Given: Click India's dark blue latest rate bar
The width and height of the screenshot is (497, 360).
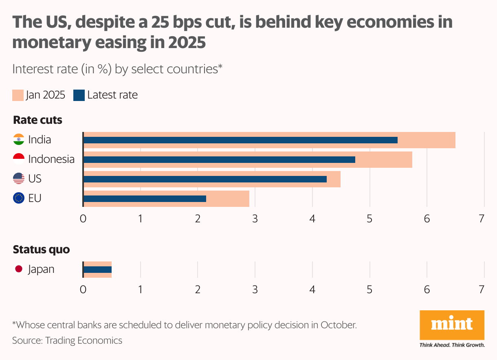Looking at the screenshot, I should tap(240, 140).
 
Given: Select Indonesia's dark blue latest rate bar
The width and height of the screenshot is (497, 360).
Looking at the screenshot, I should tap(219, 160).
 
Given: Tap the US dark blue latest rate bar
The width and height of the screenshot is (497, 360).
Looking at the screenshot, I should tap(205, 179).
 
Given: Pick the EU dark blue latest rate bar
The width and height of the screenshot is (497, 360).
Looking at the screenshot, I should tap(145, 199).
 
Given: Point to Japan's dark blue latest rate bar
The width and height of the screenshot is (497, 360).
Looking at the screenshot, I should tap(97, 270).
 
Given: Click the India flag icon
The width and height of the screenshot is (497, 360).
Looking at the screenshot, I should tap(19, 140).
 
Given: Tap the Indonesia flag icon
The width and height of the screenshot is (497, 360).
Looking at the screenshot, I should tap(19, 159).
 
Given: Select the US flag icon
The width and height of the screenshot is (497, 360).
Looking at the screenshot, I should tap(19, 178).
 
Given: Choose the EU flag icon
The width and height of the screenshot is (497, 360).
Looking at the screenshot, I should tap(19, 198).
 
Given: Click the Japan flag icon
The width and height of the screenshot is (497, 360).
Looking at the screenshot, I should tap(19, 269).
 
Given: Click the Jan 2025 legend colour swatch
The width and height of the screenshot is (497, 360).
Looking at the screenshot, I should tap(18, 95).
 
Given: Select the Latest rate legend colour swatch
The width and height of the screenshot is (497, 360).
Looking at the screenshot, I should tap(79, 95).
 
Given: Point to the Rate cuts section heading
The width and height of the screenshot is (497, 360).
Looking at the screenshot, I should tap(37, 120).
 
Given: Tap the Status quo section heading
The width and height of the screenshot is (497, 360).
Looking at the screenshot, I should tap(41, 250).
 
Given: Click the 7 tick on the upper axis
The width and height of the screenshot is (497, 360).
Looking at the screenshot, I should tap(482, 219).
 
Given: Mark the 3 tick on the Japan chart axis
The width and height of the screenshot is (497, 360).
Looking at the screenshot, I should tap(255, 290).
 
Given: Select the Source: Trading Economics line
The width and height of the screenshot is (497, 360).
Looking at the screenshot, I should tap(67, 340).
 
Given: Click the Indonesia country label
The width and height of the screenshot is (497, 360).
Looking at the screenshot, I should tap(51, 159).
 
